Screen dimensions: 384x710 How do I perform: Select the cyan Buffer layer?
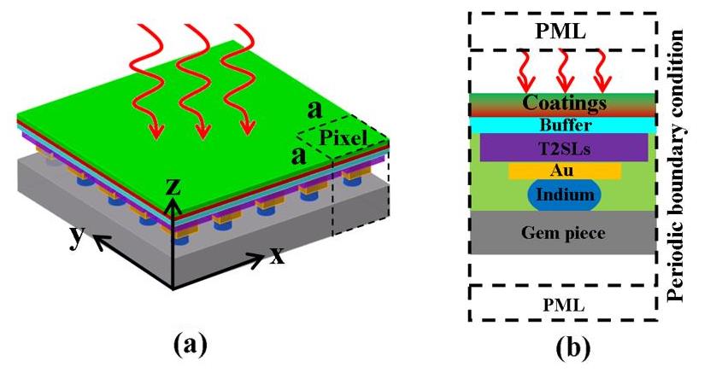(565, 125)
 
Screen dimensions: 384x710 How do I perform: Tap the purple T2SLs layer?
(565, 148)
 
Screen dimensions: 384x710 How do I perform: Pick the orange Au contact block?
(565, 172)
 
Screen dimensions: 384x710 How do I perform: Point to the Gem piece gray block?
(565, 232)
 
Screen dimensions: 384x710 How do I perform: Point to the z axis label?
(173, 185)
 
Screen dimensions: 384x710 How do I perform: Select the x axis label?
(277, 255)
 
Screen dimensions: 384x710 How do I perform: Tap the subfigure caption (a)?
(191, 344)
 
